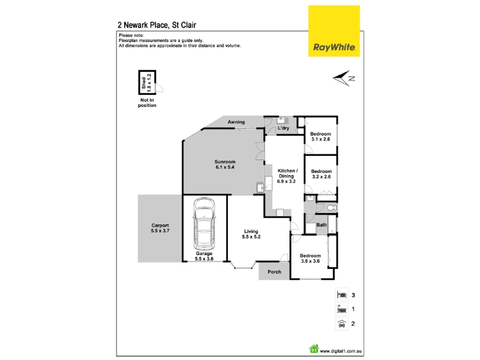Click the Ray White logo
[x=334, y=31]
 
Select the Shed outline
[x=147, y=82]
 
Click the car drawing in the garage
[x=204, y=224]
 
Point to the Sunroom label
[x=225, y=162]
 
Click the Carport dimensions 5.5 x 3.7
[x=160, y=231]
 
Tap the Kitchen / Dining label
[x=287, y=173]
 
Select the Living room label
[x=251, y=232]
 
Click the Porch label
[x=274, y=272]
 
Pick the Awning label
[x=236, y=122]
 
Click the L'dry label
[x=283, y=128]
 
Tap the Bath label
[x=322, y=225]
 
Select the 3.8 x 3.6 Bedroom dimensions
[x=310, y=261]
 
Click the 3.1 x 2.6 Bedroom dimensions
[x=320, y=139]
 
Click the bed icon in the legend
[x=341, y=295]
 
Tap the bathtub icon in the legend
[x=341, y=309]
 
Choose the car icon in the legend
[x=341, y=323]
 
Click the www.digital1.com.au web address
[x=341, y=352]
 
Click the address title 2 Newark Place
[x=143, y=25]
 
